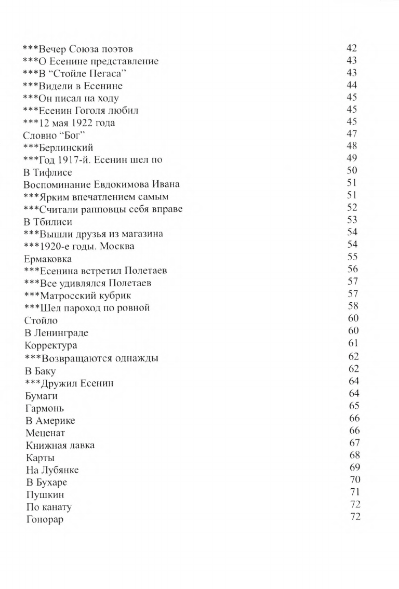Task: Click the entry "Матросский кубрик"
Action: coord(77,296)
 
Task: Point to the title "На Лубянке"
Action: coord(52,470)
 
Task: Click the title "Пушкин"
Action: coord(43,494)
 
